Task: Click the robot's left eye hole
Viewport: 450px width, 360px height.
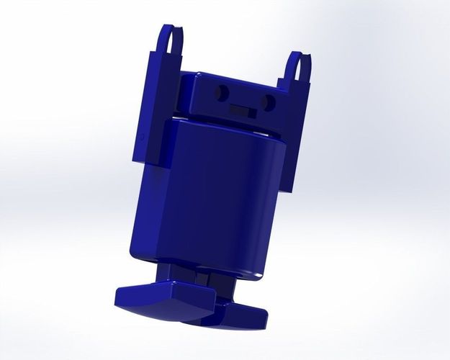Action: (x=222, y=92)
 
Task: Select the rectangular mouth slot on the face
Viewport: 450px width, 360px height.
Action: (x=242, y=110)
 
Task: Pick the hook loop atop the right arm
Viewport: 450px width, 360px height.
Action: (x=300, y=66)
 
